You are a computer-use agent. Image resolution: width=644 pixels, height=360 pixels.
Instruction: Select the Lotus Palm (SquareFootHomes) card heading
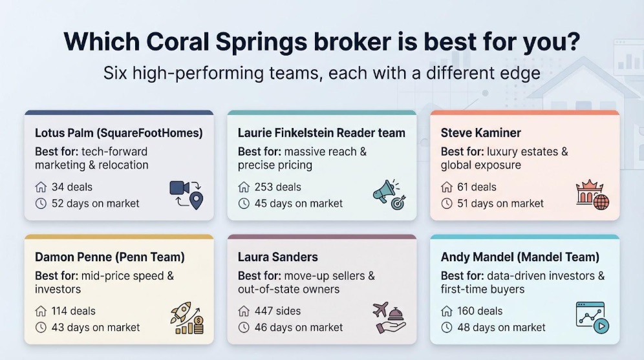119,133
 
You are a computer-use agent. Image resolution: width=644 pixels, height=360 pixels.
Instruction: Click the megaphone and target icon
389,195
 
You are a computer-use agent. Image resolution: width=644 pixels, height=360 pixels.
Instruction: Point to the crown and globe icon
592,195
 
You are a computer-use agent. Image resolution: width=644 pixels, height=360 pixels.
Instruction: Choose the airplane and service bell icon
389,318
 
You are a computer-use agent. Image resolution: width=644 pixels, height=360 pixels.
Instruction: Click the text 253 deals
277,187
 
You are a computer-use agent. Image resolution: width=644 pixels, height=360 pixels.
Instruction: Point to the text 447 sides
277,311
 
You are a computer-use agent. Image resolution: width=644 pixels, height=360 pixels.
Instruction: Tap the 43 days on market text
95,328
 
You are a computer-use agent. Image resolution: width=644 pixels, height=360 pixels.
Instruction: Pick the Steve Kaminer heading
481,133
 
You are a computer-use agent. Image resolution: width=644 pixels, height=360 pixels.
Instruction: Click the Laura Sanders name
277,257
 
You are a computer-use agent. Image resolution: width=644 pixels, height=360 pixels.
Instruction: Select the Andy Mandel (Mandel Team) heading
520,257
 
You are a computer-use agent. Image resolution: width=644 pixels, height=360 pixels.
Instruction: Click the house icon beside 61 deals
447,187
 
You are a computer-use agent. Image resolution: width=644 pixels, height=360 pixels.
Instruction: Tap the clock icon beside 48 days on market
447,328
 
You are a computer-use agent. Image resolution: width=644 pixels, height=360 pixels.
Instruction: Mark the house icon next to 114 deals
41,311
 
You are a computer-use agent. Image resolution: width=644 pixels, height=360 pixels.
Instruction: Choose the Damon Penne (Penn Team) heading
110,257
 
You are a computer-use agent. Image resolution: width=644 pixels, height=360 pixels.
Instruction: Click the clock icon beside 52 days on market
41,204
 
